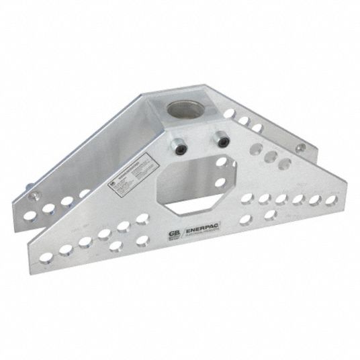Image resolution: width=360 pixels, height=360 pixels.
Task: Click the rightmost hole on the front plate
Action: tap(330, 199)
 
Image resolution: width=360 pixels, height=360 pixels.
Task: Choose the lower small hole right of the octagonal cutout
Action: tap(221, 182)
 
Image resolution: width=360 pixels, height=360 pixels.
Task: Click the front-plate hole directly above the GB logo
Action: tap(142, 220)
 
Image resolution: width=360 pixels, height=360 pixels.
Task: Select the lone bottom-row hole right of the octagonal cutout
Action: tap(269, 216)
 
